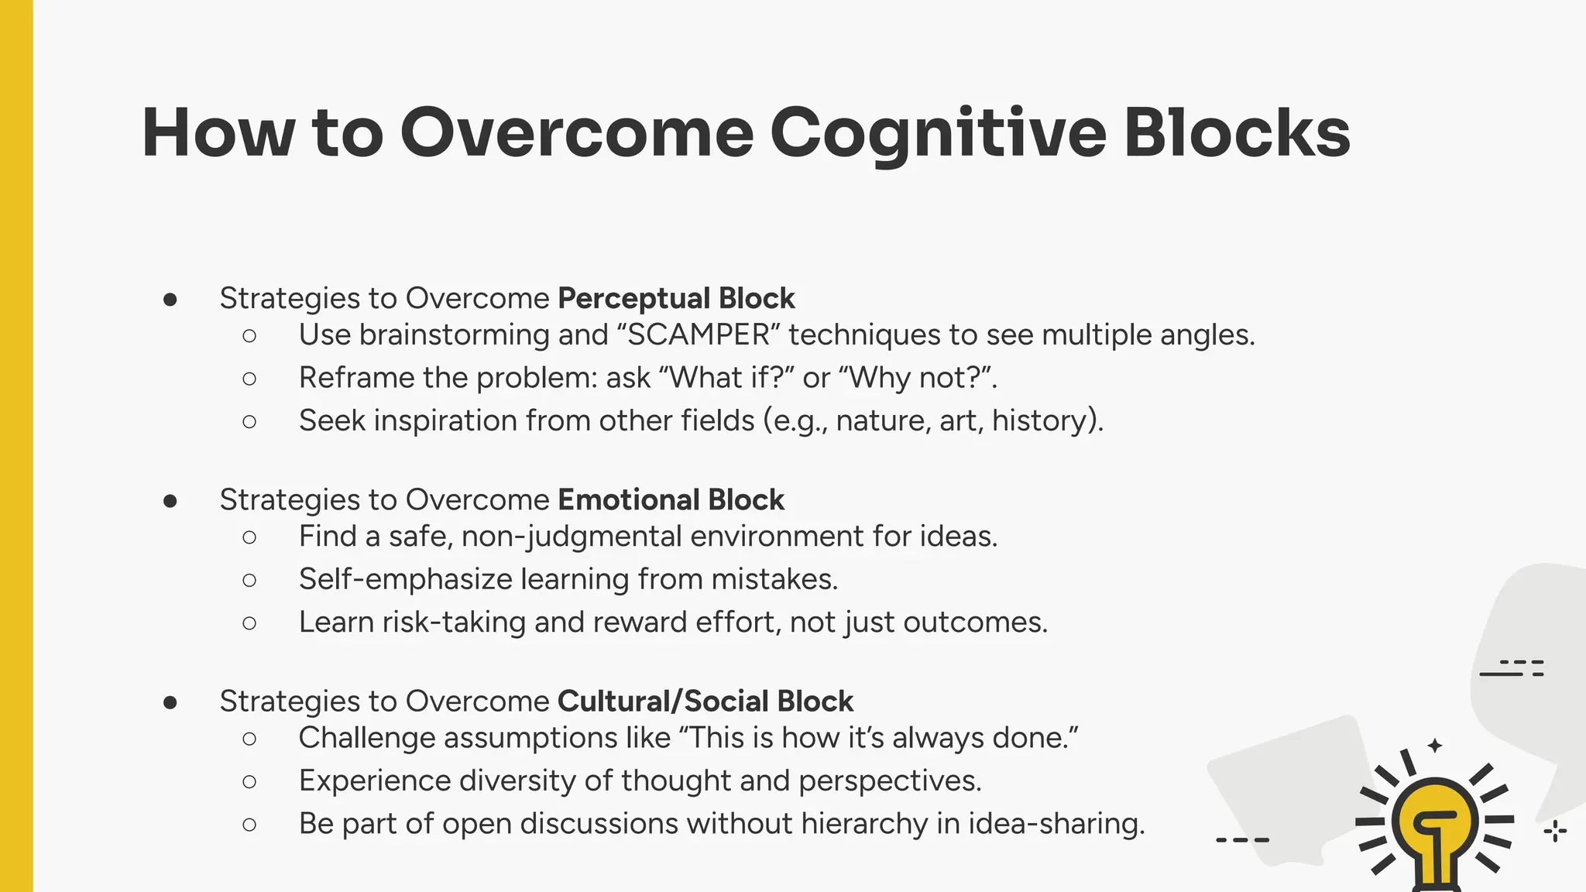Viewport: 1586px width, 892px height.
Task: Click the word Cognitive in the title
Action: pos(937,133)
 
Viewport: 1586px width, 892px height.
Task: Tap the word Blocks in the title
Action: pos(1237,133)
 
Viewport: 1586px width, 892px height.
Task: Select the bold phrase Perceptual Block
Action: pos(676,298)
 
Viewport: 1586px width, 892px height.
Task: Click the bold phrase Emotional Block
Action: pos(671,499)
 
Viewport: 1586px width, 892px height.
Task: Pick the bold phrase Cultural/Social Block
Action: pos(705,701)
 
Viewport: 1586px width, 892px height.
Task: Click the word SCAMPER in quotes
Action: pos(699,334)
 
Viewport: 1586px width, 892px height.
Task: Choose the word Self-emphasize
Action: pos(405,579)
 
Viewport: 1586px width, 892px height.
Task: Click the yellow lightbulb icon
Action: pos(1435,829)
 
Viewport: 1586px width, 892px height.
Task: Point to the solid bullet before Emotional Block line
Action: pos(170,501)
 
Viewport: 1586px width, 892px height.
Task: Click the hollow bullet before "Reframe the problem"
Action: pos(249,379)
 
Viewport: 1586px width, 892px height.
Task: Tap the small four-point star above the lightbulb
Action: pos(1434,746)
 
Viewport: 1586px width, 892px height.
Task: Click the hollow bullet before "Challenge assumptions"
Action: pos(249,739)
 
